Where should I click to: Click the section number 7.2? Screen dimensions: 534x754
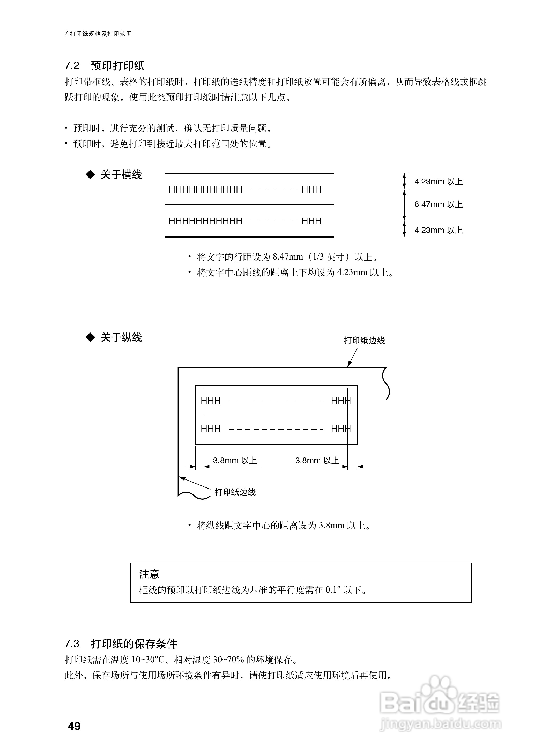click(72, 66)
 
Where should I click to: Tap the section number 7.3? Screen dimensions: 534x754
click(72, 644)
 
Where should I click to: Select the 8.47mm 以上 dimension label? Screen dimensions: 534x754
click(438, 204)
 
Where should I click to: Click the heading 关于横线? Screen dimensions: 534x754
click(121, 175)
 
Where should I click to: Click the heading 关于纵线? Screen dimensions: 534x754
click(121, 337)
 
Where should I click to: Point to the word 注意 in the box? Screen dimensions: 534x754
click(149, 574)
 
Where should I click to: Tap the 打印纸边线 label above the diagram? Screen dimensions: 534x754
click(364, 341)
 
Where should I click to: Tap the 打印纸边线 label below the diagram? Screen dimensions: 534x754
click(235, 492)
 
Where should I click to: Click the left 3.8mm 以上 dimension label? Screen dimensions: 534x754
click(235, 460)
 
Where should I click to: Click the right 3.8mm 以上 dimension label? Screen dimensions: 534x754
click(317, 460)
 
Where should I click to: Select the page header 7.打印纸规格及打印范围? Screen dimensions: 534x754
click(98, 34)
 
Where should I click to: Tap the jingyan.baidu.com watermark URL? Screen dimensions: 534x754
click(440, 724)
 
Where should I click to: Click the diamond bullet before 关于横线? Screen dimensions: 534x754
click(90, 175)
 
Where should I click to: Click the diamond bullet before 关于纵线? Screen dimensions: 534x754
click(90, 337)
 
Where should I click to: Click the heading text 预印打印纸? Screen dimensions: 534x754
click(118, 66)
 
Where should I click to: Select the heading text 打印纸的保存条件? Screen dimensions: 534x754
click(134, 644)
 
